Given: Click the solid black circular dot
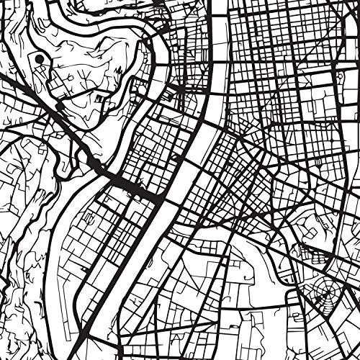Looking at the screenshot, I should (x=37, y=58).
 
